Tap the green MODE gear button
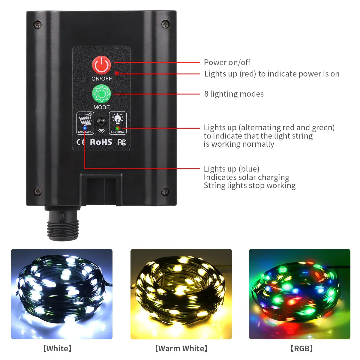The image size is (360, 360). tap(101, 94)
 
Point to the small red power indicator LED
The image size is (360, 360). tap(117, 73)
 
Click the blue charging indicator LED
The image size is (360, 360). tap(85, 128)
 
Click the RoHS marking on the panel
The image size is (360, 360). tap(101, 142)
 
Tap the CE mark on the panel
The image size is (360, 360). tap(81, 142)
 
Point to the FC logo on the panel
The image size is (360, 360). tap(121, 142)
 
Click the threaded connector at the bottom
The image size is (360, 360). tap(63, 227)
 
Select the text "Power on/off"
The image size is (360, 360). tap(227, 62)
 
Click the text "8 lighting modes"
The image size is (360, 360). tap(234, 94)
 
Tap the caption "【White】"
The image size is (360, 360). tap(57, 348)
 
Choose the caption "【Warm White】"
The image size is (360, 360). tap(181, 348)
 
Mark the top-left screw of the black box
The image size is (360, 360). tap(37, 24)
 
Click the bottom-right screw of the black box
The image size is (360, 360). tap(165, 191)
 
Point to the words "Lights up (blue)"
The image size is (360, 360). tap(232, 169)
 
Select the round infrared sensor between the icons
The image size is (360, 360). tap(101, 122)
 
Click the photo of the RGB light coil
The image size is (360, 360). tap(299, 294)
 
